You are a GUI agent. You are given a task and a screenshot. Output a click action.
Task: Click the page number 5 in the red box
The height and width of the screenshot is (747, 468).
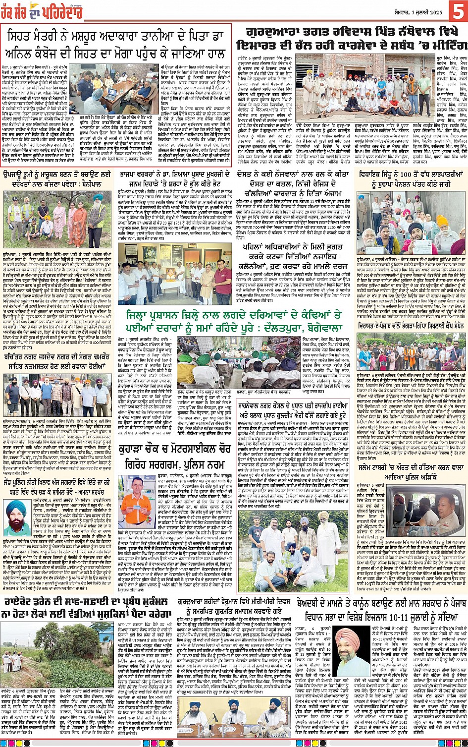pos(458,11)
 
